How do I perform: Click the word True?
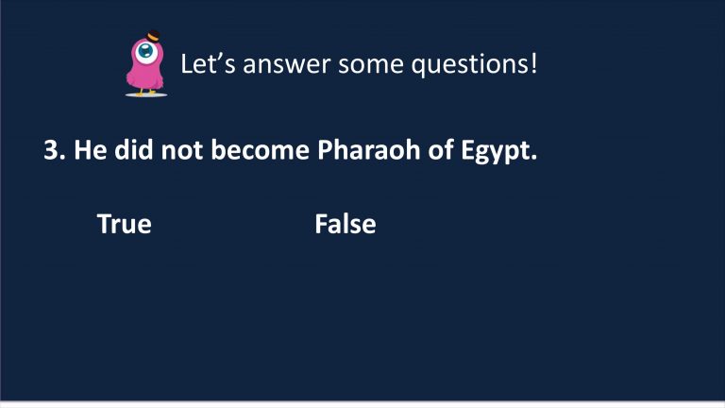(x=125, y=224)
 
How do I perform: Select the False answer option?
(x=346, y=224)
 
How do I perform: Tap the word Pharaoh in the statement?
(x=368, y=150)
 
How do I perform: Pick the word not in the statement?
(x=181, y=151)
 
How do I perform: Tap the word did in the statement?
(x=134, y=150)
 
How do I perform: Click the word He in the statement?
(x=91, y=150)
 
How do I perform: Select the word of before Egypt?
(x=440, y=150)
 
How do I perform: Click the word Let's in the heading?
(x=208, y=64)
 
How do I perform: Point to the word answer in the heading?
(x=287, y=65)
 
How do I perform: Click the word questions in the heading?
(x=470, y=65)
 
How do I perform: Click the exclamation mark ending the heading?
(x=534, y=64)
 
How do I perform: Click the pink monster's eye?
(x=146, y=51)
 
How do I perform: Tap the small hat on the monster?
(x=153, y=36)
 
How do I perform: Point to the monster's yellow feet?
(x=145, y=92)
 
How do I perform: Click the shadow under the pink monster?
(x=146, y=94)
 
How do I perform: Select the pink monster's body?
(x=145, y=69)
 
